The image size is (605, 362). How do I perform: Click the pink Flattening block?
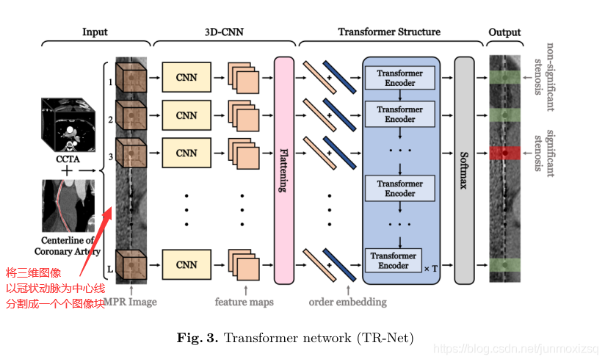283,170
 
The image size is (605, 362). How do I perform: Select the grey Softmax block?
463,170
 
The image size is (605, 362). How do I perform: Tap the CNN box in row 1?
186,77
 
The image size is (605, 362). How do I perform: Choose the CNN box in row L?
186,264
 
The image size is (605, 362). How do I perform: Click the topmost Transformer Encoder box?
400,78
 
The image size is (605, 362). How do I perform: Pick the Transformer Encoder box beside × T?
394,261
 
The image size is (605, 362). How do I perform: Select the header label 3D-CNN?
223,32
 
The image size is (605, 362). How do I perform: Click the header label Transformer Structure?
389,32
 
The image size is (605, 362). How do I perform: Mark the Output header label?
504,32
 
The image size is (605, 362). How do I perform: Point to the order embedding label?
347,301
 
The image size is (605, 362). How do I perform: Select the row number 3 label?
110,156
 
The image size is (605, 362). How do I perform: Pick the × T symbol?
431,269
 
